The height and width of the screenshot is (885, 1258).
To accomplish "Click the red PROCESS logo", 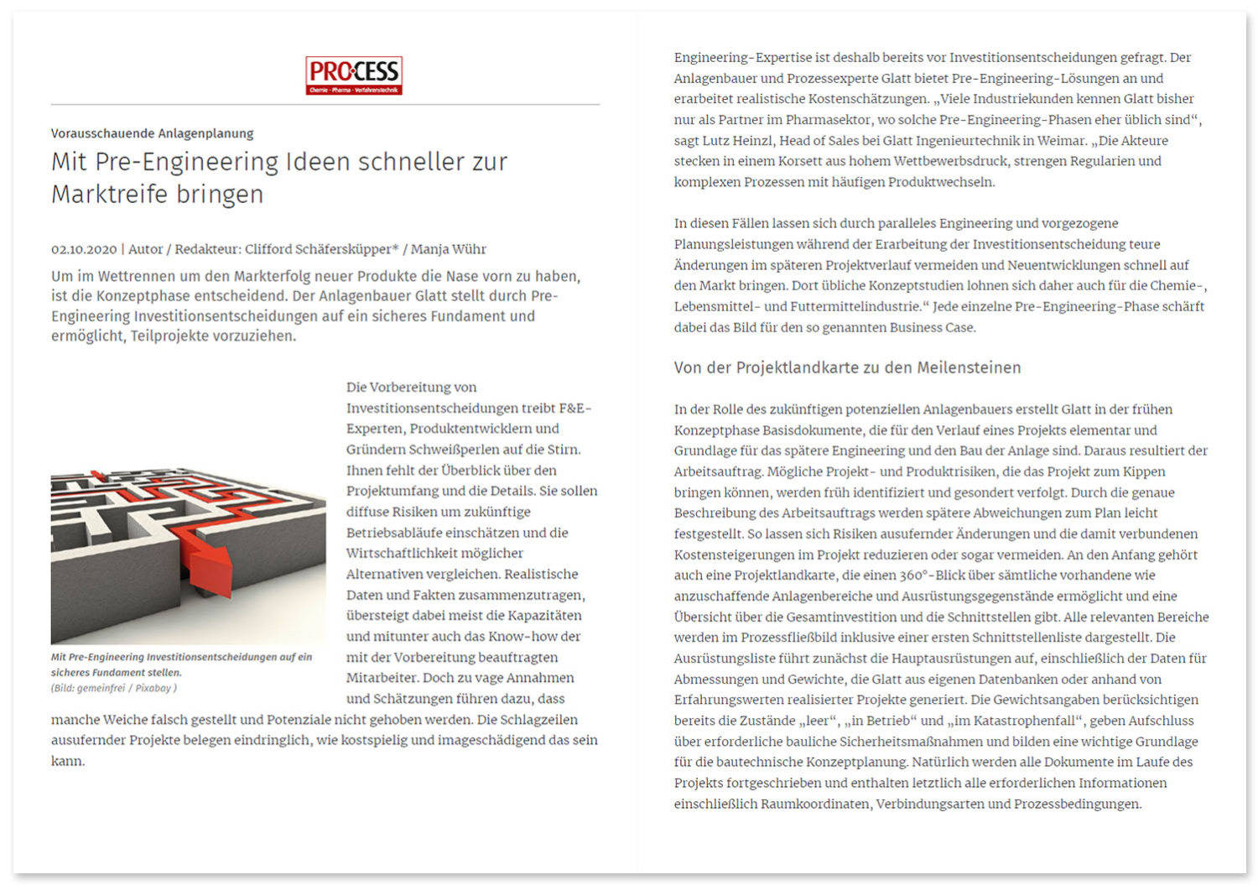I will coord(354,75).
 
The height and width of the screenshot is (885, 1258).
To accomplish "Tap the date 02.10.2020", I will coord(84,249).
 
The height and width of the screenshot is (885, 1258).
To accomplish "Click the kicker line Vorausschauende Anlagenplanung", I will coord(152,133).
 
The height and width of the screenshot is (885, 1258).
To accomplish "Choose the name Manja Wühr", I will coord(448,249).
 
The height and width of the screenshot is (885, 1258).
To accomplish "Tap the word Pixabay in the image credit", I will coord(153,689).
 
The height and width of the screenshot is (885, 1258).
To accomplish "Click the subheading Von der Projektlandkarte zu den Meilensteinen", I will coord(847,368).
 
